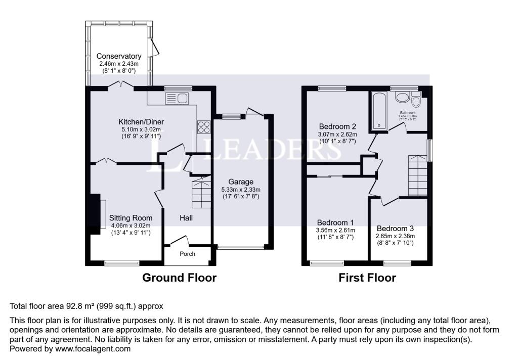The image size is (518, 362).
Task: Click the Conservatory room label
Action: click(x=119, y=56)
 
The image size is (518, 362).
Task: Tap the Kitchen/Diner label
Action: click(x=141, y=122)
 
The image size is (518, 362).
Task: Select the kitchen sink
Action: click(x=176, y=98)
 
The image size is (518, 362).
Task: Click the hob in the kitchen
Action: click(x=204, y=125)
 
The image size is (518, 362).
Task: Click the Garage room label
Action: click(x=240, y=182)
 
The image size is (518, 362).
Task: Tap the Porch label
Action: click(x=187, y=254)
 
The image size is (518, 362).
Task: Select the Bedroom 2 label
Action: click(x=338, y=126)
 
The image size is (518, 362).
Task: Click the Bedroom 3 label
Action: click(x=395, y=228)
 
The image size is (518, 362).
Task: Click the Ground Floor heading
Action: click(x=179, y=278)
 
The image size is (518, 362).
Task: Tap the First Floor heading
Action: click(x=367, y=278)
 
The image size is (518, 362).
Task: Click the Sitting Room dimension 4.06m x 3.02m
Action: click(x=131, y=225)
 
